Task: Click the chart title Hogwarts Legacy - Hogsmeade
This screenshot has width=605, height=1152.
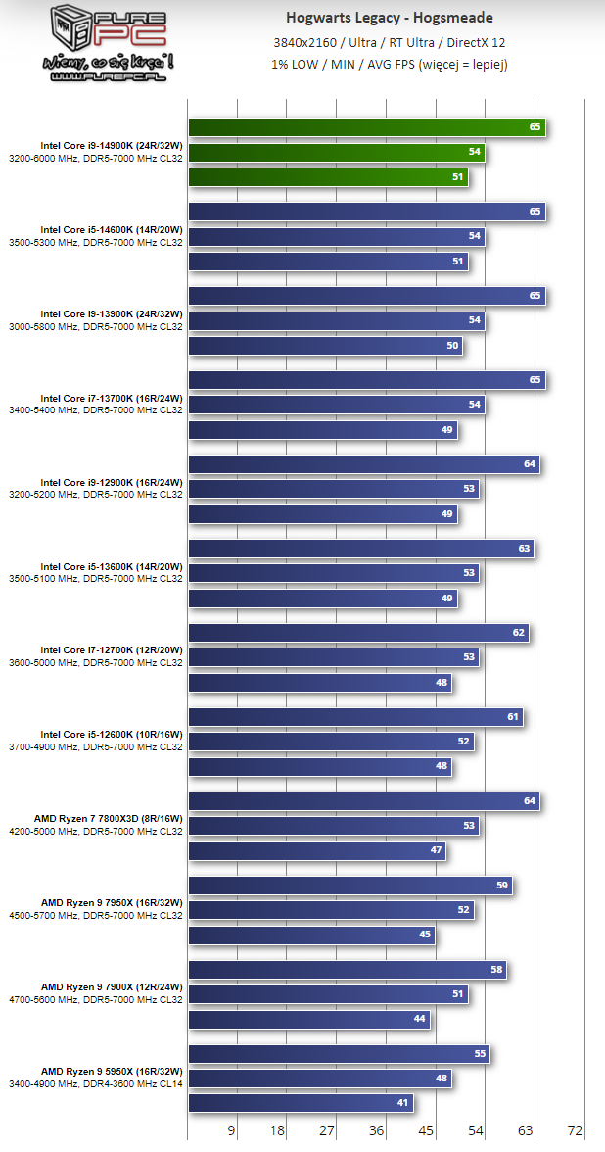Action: (390, 18)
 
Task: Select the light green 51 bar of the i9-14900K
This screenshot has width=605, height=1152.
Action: (328, 177)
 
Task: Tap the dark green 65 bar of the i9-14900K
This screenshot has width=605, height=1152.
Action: (366, 126)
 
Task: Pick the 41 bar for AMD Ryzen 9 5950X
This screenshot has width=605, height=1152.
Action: (301, 1104)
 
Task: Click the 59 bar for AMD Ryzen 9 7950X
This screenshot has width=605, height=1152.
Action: (349, 886)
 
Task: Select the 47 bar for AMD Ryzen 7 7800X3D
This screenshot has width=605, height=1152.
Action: (317, 851)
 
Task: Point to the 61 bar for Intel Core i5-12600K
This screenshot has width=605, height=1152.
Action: (355, 717)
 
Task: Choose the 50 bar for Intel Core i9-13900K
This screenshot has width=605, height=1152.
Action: (325, 346)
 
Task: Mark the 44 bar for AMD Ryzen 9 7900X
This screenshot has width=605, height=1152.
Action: (309, 1020)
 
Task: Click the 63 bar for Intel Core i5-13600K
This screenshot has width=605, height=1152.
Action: (360, 549)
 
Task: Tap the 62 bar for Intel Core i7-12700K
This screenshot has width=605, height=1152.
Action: (358, 633)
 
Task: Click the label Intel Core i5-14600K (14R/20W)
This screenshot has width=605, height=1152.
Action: (112, 230)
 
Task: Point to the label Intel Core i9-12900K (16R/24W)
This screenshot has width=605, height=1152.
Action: (112, 483)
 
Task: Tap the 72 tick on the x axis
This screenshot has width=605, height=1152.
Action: (575, 1130)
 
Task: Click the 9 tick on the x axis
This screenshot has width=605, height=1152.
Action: (231, 1130)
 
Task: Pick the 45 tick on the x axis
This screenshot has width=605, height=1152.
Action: (426, 1130)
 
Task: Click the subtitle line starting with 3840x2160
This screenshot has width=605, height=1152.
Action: (390, 41)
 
